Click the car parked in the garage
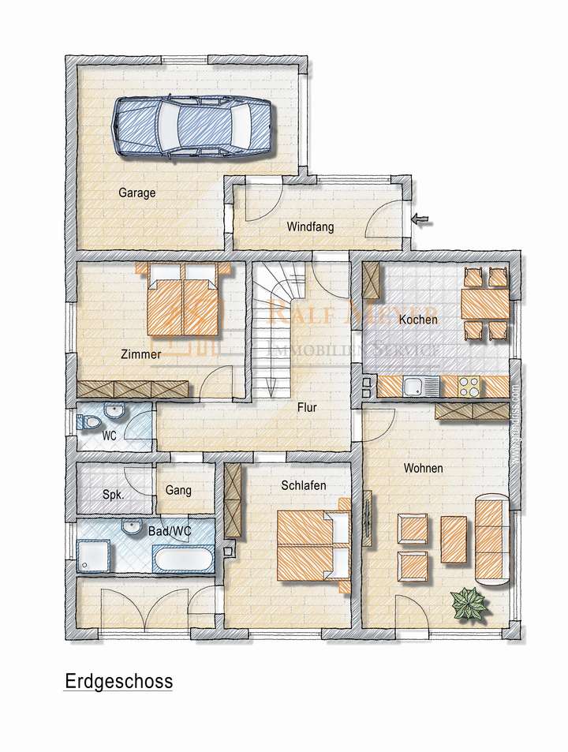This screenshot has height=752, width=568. tap(192, 126)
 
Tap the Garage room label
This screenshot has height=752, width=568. tap(137, 193)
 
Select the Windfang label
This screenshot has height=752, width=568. tap(310, 227)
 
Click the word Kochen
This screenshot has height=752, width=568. tap(418, 320)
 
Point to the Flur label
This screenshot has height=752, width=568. tap(307, 409)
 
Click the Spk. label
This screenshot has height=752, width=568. tap(113, 496)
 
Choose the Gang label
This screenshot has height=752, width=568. tap(178, 490)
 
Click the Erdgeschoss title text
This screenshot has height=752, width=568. tap(118, 681)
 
